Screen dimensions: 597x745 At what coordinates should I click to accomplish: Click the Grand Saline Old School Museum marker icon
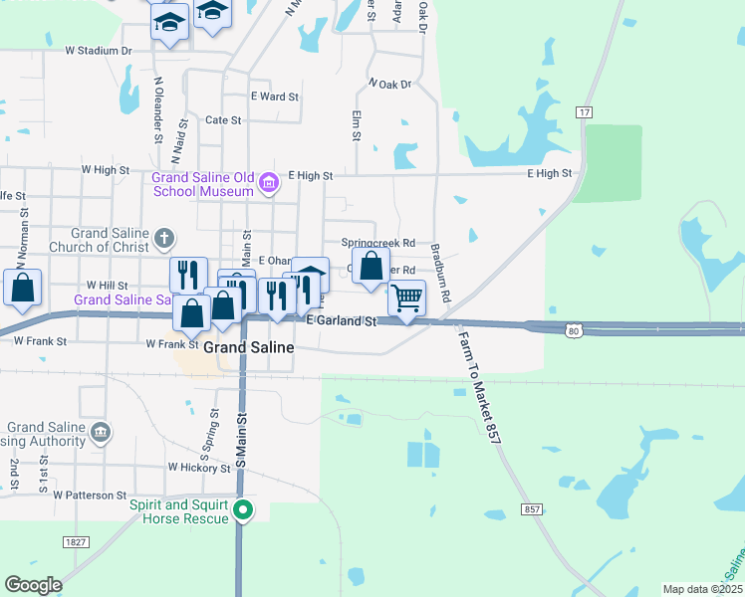tap(268, 183)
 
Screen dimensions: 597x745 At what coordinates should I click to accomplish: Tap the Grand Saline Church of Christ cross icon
tap(164, 239)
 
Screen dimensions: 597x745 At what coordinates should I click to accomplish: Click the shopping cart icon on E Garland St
tap(406, 298)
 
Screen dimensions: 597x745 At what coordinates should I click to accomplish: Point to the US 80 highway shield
tap(572, 330)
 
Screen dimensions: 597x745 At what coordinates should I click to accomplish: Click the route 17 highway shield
tap(584, 113)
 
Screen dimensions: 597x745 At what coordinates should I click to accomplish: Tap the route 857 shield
tap(532, 509)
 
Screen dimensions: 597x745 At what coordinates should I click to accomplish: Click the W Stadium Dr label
tap(99, 50)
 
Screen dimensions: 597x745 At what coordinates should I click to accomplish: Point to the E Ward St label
tap(275, 97)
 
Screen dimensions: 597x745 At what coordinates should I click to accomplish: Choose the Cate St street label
tap(223, 120)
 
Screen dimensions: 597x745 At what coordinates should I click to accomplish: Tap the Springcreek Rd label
tap(377, 243)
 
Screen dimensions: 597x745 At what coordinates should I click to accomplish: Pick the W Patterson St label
tap(91, 495)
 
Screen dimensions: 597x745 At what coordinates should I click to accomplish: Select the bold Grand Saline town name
tap(249, 348)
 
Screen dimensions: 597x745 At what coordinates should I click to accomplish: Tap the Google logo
tap(33, 585)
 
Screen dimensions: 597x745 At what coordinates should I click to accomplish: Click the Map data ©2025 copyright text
tap(702, 589)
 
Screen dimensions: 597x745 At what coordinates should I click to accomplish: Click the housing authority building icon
tap(101, 432)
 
